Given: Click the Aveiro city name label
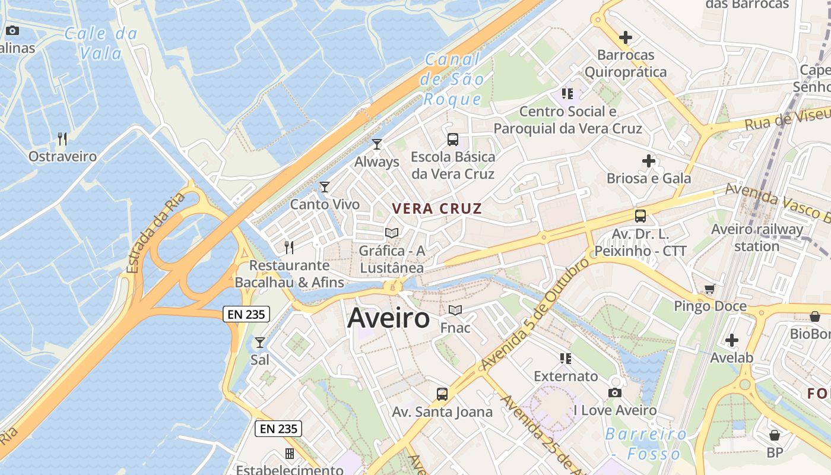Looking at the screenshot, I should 388,318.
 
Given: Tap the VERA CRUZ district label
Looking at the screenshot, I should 437,208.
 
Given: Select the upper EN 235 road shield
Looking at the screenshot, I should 246,314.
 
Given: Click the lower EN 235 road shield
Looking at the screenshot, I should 278,429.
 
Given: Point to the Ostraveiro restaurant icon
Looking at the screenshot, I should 62,139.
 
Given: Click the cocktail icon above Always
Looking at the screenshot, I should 376,144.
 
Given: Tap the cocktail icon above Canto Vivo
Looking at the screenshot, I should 324,187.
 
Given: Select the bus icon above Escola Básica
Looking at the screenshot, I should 453,140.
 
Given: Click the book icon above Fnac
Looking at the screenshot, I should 455,310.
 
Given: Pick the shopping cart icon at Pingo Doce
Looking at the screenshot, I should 709,289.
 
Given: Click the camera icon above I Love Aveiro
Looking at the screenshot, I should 615,392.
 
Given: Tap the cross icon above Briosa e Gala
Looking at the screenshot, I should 649,160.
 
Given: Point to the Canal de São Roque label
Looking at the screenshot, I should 453,79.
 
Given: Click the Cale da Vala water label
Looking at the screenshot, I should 101,43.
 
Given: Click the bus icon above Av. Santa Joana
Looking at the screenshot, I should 442,394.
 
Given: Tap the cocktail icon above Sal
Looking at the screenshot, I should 259,342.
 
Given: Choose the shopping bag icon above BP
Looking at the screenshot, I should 774,435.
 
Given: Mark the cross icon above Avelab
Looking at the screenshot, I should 732,340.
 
